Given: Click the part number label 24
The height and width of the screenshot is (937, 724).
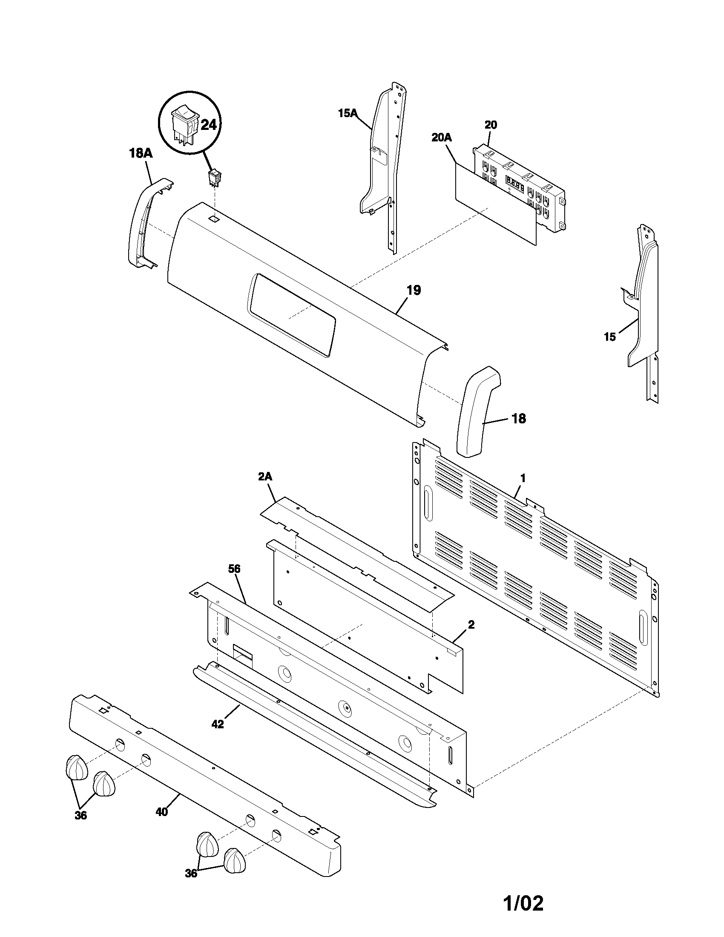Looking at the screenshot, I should click(209, 125).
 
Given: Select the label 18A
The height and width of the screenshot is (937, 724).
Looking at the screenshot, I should click(141, 153).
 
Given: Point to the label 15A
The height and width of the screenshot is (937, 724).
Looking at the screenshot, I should click(347, 113).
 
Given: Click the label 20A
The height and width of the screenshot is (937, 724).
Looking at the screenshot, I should click(441, 137).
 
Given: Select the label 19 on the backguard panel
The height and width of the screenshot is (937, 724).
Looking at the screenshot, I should click(414, 290).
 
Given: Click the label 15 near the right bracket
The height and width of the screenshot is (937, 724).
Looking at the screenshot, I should click(609, 337).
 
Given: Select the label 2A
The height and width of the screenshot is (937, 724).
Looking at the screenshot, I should click(265, 476).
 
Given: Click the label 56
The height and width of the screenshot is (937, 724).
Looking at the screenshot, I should click(234, 569).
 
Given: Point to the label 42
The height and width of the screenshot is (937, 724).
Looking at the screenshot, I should click(218, 724).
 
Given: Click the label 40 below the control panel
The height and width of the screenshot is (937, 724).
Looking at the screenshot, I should click(161, 812).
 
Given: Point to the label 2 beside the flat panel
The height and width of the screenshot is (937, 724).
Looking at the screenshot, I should click(471, 625).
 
